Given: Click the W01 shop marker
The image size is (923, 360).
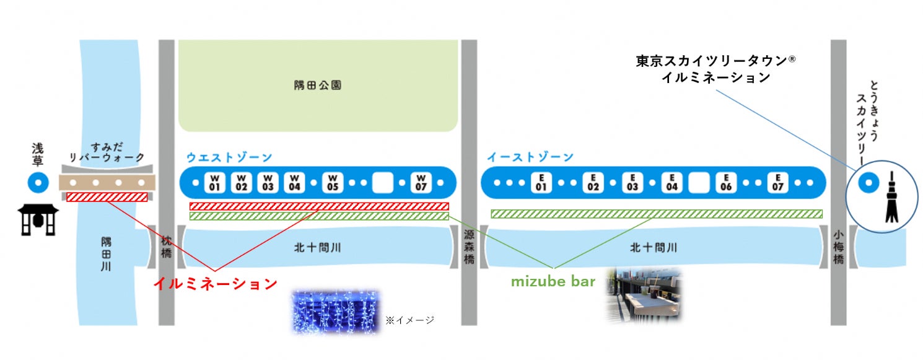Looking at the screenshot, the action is point(215,183).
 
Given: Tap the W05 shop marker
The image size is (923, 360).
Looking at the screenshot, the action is point(333,183).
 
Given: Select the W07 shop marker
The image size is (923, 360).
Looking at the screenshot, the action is point(422,183).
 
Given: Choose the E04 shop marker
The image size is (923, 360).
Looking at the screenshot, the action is point(672,183).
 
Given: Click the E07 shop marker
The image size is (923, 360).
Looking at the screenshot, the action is point(779,183).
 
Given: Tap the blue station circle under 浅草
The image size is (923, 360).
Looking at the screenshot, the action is point(38,183).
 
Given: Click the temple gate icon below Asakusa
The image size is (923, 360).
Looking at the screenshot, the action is point(38,220).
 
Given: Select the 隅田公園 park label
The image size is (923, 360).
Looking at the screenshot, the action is point(318,86).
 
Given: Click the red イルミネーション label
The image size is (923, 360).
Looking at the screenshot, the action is point(215,284).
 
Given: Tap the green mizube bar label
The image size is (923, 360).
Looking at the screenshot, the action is point(553,282).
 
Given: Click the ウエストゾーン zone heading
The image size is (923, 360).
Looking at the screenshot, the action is point(229,157).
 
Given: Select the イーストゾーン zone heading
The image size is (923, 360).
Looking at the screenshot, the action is point(530,157).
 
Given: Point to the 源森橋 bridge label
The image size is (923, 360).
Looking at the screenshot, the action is point(470,247).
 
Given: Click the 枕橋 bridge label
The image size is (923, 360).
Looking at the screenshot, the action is point(166,248).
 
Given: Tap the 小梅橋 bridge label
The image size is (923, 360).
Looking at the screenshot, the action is point(838,247).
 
